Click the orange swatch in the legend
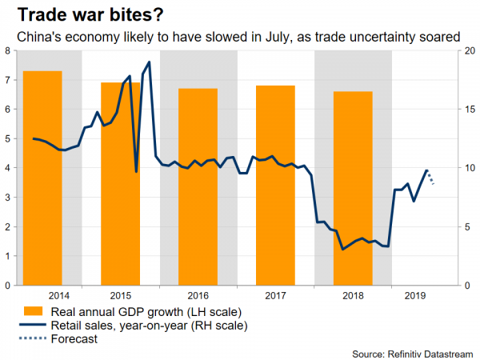coord(33,311)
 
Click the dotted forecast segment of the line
coord(430,178)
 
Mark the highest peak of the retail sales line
coord(150,62)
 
